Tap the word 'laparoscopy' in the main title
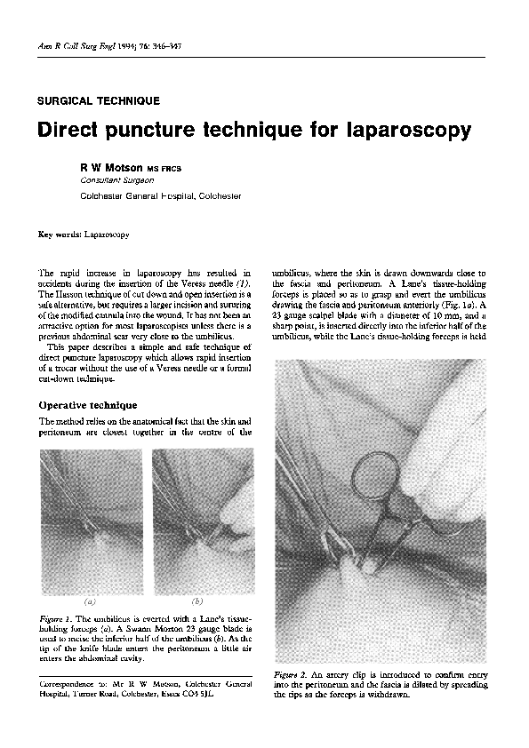(400, 131)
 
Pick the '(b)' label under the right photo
(197, 601)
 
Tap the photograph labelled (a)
(91, 519)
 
